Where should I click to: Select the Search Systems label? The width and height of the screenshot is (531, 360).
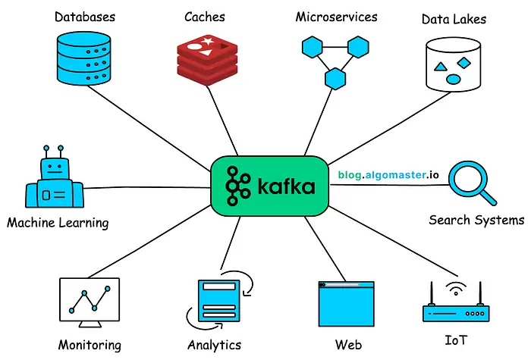point(476,221)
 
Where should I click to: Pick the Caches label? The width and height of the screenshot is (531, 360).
point(205,16)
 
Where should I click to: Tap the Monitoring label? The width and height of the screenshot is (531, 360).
point(90,345)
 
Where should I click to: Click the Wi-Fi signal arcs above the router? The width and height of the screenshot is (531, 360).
point(457,289)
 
